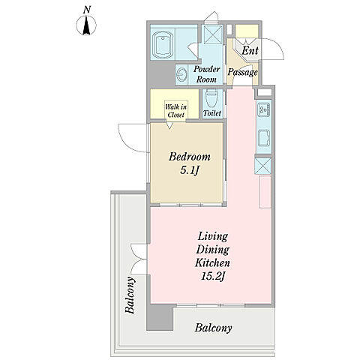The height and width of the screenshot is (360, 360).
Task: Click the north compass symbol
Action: click(x=86, y=25)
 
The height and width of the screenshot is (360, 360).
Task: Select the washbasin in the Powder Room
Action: click(x=181, y=74)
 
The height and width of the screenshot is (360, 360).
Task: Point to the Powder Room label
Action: click(x=206, y=74)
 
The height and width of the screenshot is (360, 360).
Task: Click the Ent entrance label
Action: click(x=250, y=50)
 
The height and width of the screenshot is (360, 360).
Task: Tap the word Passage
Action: click(x=242, y=72)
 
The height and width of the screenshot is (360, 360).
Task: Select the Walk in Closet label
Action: click(x=175, y=111)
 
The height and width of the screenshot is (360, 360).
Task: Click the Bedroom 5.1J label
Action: click(x=190, y=163)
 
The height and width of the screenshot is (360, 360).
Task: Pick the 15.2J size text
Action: click(x=214, y=276)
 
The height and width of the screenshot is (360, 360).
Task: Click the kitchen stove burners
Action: click(x=264, y=109)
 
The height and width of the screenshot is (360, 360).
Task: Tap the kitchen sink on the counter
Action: click(x=264, y=138)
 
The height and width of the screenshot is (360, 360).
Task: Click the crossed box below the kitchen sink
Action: click(x=262, y=165)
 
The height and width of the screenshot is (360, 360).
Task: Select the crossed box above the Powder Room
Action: click(x=212, y=34)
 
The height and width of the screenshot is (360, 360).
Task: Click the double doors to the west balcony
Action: click(x=139, y=259)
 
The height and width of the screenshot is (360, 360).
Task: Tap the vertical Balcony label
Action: click(x=130, y=295)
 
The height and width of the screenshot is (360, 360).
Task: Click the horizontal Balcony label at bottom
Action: click(x=213, y=328)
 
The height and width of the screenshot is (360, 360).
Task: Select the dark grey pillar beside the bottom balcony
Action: click(x=160, y=317)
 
